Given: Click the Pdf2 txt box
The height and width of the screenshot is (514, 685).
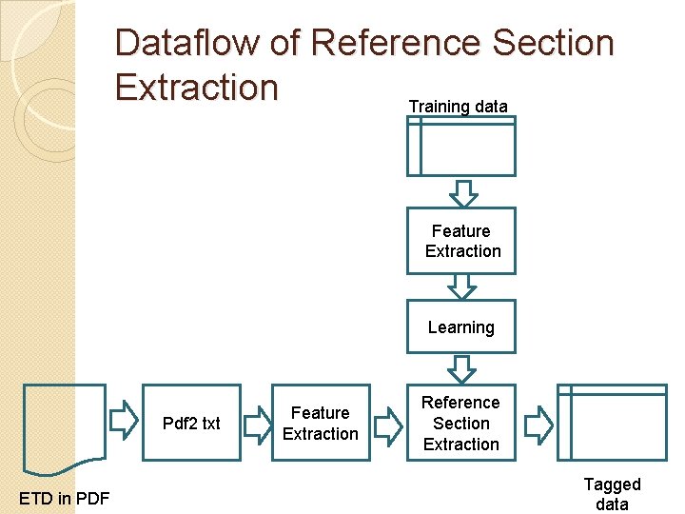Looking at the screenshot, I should coord(191,423).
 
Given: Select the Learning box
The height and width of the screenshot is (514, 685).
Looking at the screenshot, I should coord(461,326).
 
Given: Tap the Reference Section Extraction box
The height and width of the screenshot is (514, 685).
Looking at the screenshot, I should coord(461,423).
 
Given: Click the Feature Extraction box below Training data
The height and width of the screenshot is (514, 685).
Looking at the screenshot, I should coord(461,241).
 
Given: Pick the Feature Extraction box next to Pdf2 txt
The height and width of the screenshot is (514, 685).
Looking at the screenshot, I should coord(321,423).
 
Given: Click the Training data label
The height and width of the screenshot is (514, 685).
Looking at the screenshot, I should coord(458,106).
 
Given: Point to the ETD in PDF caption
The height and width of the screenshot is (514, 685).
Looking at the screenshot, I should coord(64,497).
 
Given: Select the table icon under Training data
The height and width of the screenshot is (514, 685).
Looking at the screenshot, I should coord(461,146).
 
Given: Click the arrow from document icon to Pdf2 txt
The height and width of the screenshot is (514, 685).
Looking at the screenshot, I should coord(125,419).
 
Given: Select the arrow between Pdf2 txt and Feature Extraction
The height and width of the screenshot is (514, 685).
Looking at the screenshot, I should coord(257,425).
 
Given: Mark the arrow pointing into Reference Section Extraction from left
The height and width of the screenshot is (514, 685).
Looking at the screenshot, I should coord(387,425).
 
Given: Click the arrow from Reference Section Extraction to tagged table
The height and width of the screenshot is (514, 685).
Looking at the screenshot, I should coord(538,425).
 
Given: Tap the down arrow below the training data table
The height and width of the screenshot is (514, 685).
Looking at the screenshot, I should coord(462,193).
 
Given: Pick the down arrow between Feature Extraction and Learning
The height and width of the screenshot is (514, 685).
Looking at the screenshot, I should coord(462,287).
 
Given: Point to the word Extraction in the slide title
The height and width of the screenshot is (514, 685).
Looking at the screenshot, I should coord(196,87).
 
